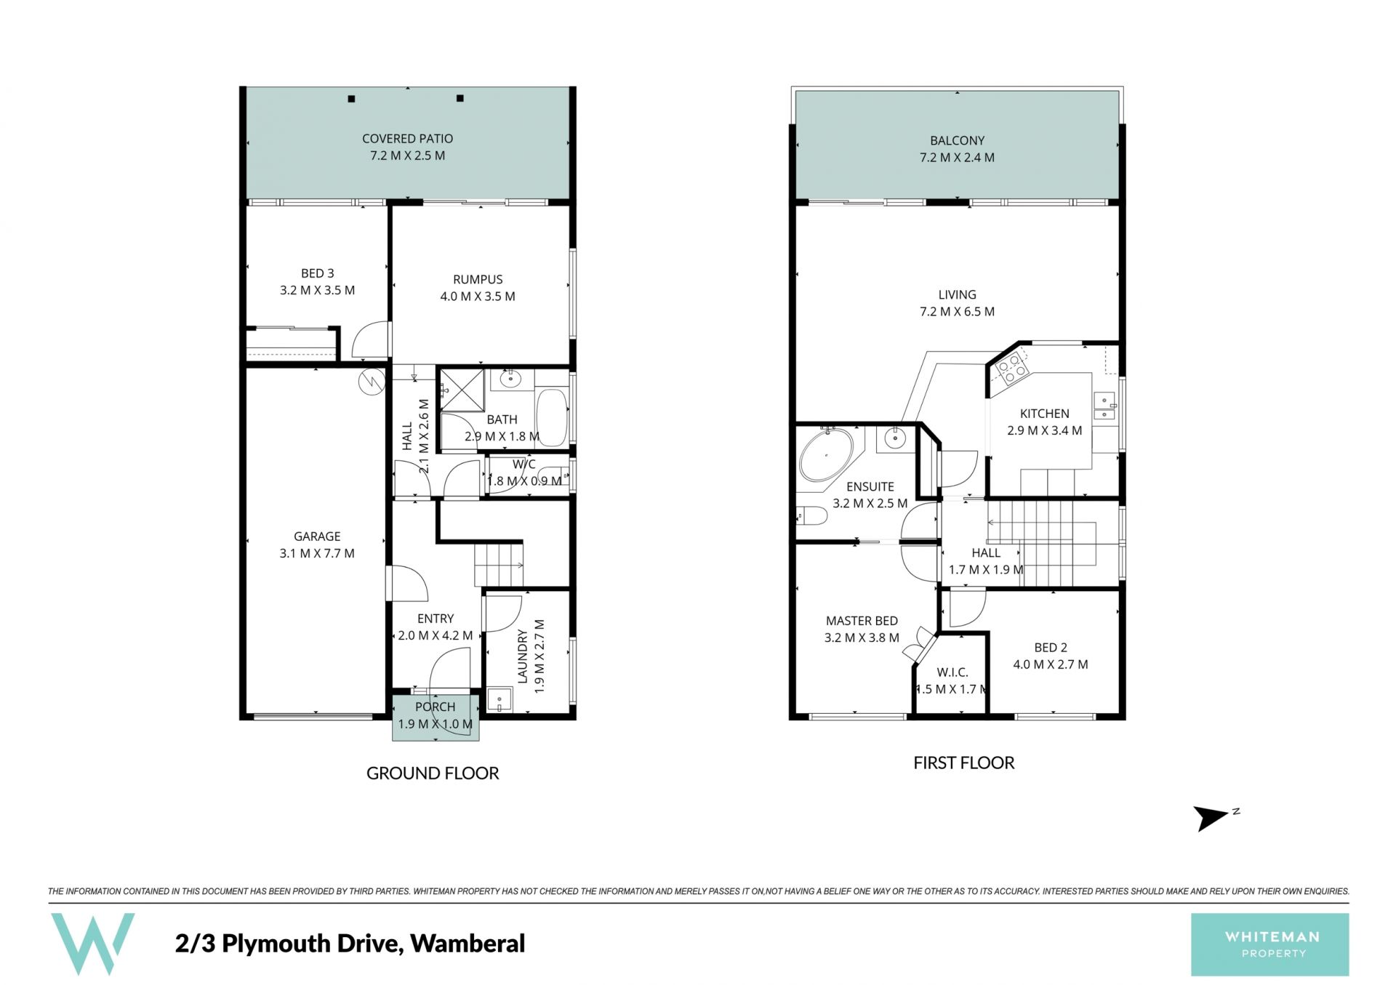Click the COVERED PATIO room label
(x=407, y=139)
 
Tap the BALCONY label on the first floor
(x=957, y=141)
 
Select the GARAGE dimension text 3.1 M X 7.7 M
(x=317, y=553)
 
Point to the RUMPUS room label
(x=478, y=280)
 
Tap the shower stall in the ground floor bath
(x=462, y=390)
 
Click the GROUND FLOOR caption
(x=433, y=773)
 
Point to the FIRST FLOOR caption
(x=963, y=763)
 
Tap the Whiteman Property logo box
(x=1269, y=944)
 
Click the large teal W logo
(x=92, y=944)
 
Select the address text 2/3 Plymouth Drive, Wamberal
(x=350, y=944)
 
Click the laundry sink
(x=500, y=700)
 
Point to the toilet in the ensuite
(x=811, y=516)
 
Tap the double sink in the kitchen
(x=1104, y=407)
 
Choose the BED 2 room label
(x=1051, y=648)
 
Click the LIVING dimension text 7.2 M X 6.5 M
(x=957, y=312)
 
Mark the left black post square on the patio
(x=351, y=99)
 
